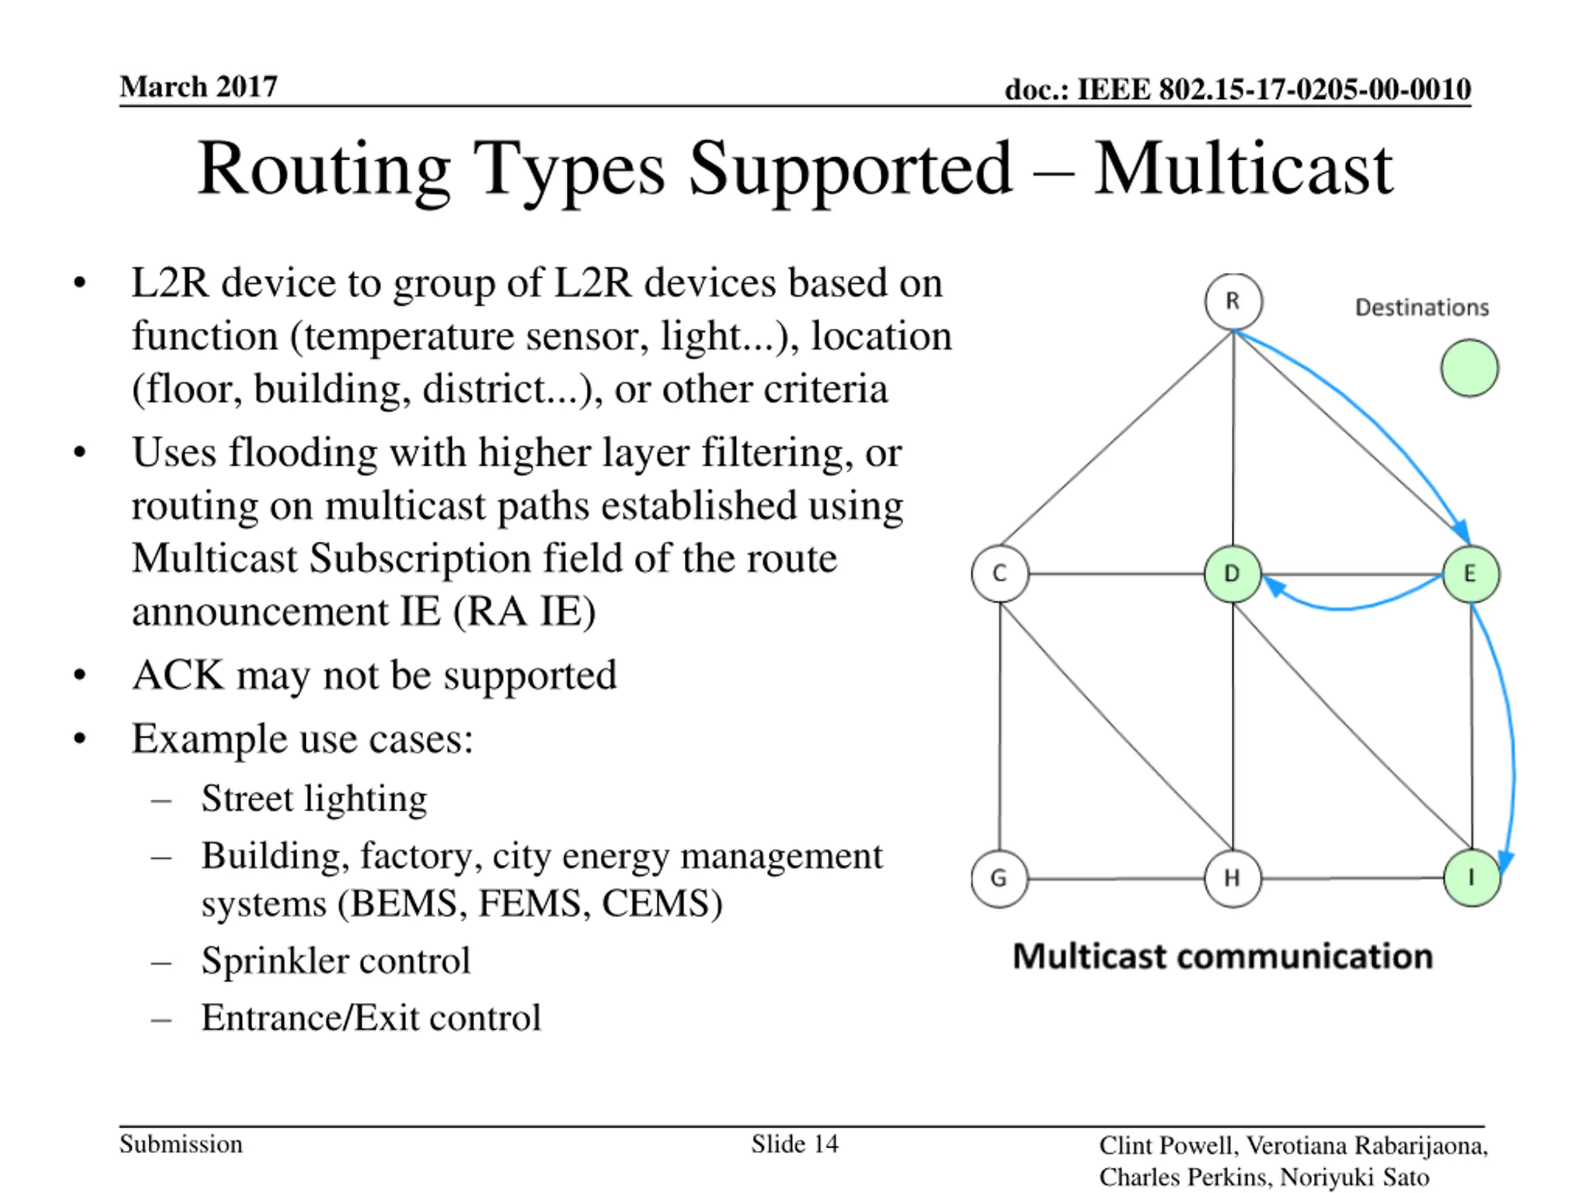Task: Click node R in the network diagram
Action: click(1233, 301)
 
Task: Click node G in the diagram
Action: click(999, 878)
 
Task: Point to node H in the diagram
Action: click(1232, 878)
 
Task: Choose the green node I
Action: click(1472, 878)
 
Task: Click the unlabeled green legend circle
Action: click(1469, 368)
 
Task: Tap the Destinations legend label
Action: click(1421, 308)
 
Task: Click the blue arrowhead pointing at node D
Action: click(1273, 586)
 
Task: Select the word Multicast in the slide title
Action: click(1243, 170)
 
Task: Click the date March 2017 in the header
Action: click(198, 87)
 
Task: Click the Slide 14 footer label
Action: click(795, 1144)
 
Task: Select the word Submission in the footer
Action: click(180, 1144)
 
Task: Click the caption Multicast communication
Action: click(1222, 957)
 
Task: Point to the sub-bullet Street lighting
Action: click(314, 799)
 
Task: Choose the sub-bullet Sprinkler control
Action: click(336, 961)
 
